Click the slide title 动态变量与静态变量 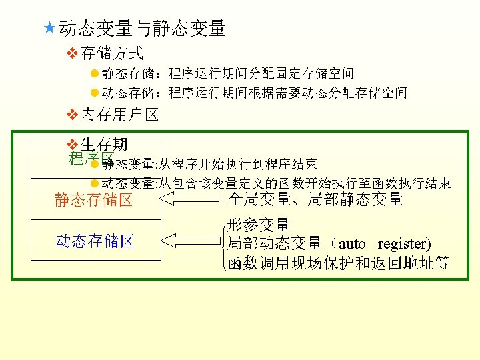(x=142, y=29)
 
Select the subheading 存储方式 (x=112, y=52)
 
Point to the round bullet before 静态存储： (x=94, y=73)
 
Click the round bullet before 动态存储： (x=94, y=93)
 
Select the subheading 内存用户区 (x=119, y=115)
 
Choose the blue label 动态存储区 (x=95, y=241)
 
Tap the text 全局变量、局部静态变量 (x=315, y=199)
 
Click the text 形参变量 (x=259, y=225)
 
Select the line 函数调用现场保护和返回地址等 (x=338, y=263)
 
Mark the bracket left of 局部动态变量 (x=223, y=244)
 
